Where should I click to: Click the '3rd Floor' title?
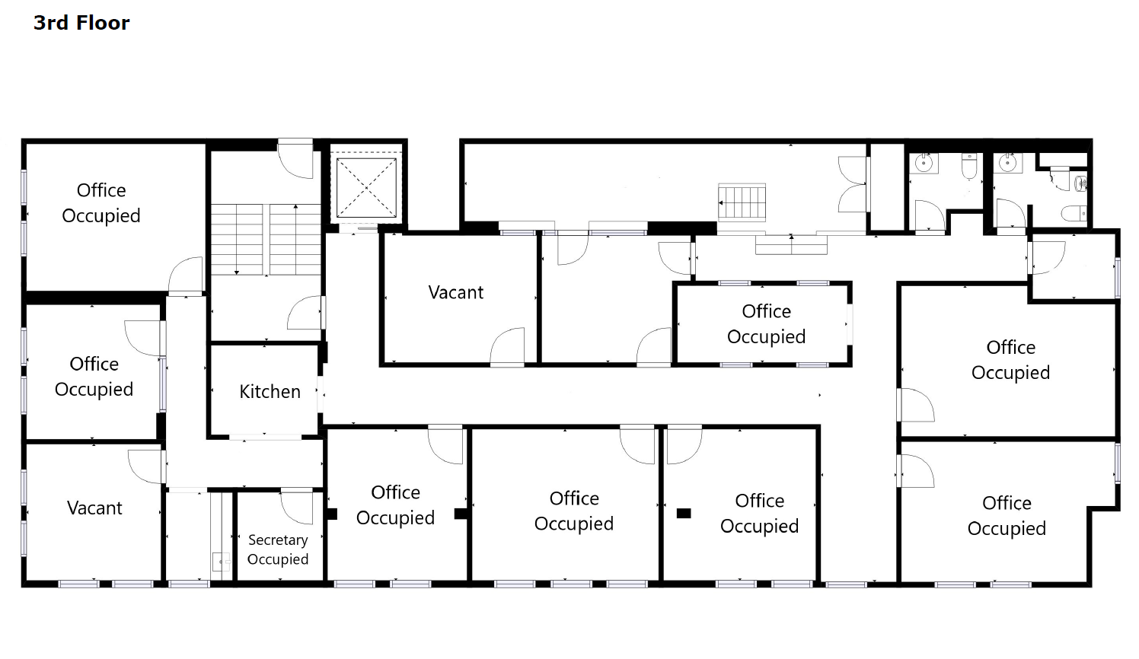(x=81, y=23)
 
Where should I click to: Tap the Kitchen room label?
(x=270, y=392)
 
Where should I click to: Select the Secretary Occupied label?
(x=278, y=549)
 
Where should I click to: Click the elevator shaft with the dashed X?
(x=366, y=187)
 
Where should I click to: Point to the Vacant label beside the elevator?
(x=455, y=292)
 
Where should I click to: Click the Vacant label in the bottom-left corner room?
(x=94, y=508)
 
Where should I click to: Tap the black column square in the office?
(x=684, y=513)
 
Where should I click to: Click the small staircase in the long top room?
(x=742, y=202)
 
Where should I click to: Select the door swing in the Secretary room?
(x=297, y=506)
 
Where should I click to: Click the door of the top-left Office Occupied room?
(x=185, y=275)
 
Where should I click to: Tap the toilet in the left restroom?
(x=969, y=167)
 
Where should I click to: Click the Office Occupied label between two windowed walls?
(x=766, y=323)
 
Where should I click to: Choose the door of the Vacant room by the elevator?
(x=507, y=346)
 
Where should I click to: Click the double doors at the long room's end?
(x=852, y=184)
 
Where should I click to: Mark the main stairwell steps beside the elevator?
(x=266, y=239)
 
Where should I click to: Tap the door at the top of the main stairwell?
(x=295, y=160)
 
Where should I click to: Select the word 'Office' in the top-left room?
(x=101, y=190)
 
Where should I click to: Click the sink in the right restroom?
(x=1007, y=163)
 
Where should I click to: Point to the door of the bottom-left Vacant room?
(x=146, y=466)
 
